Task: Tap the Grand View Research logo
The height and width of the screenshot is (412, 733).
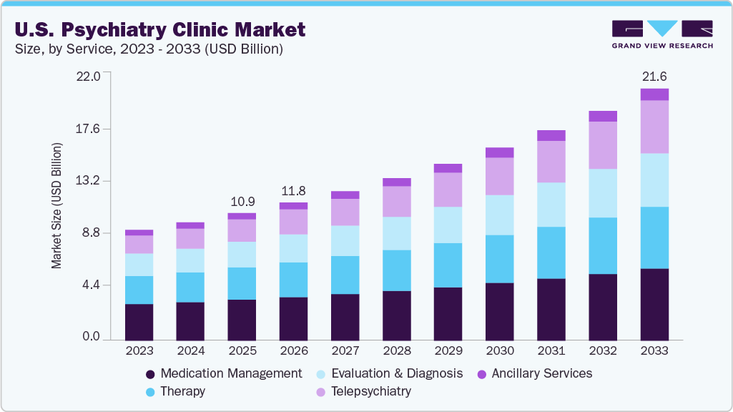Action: tap(661, 34)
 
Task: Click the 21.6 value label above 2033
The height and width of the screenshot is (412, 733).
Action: tap(654, 76)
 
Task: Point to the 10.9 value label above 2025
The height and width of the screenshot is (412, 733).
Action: tap(242, 200)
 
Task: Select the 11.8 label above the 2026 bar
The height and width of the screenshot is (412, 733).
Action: tap(293, 190)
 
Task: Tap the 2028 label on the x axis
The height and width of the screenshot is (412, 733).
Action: tap(396, 351)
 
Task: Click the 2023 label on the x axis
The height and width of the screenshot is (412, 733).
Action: tap(139, 351)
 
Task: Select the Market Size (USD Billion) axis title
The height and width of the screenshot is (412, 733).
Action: tap(56, 206)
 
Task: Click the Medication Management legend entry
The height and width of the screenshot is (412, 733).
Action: tap(223, 373)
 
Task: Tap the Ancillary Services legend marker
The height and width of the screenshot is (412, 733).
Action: tap(482, 374)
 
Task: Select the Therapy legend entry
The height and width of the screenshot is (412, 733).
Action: tap(175, 391)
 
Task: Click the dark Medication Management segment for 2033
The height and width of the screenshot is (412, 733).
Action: tap(654, 304)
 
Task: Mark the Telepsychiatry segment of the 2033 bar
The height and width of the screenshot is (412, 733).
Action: tap(654, 127)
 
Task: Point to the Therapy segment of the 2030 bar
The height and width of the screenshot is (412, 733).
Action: tap(499, 259)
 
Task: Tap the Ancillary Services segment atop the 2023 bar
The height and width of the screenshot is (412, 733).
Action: tap(139, 232)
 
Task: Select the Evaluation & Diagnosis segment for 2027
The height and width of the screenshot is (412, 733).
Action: tap(345, 240)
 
